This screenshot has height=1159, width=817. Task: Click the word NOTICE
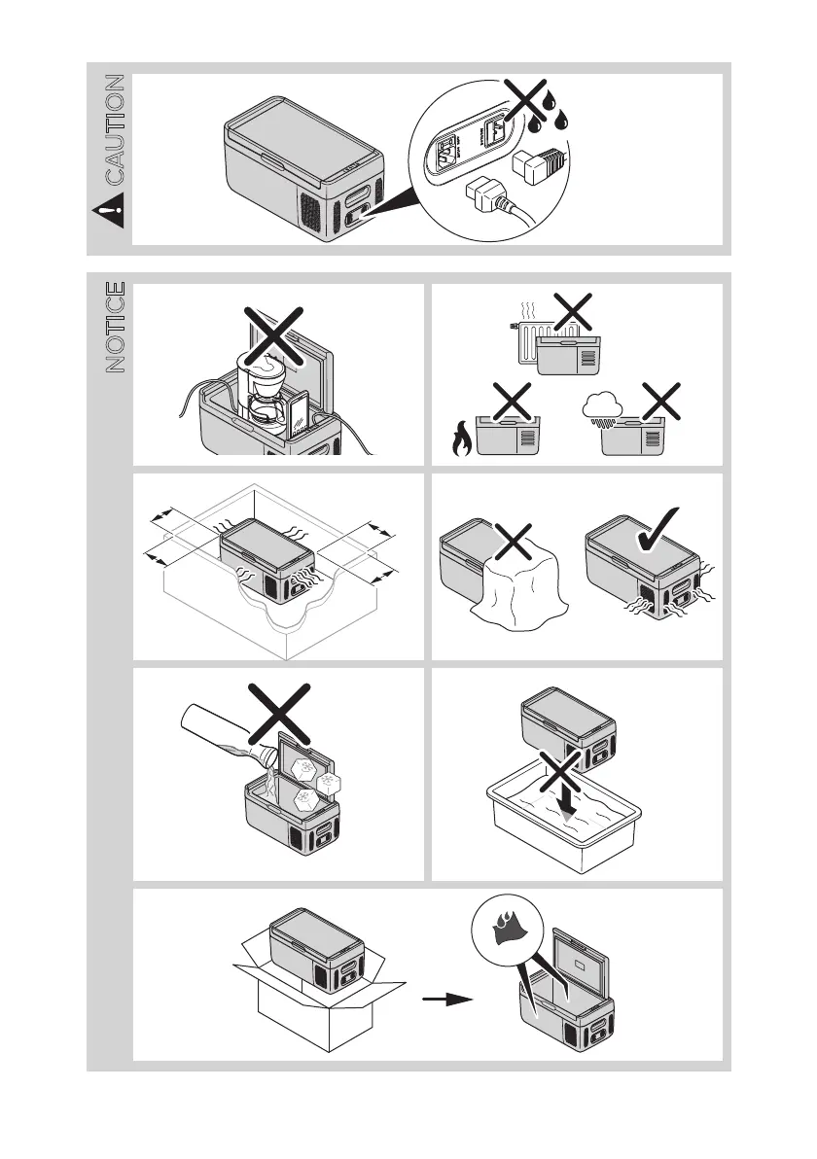tap(115, 328)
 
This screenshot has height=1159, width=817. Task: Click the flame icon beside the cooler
tap(459, 440)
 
